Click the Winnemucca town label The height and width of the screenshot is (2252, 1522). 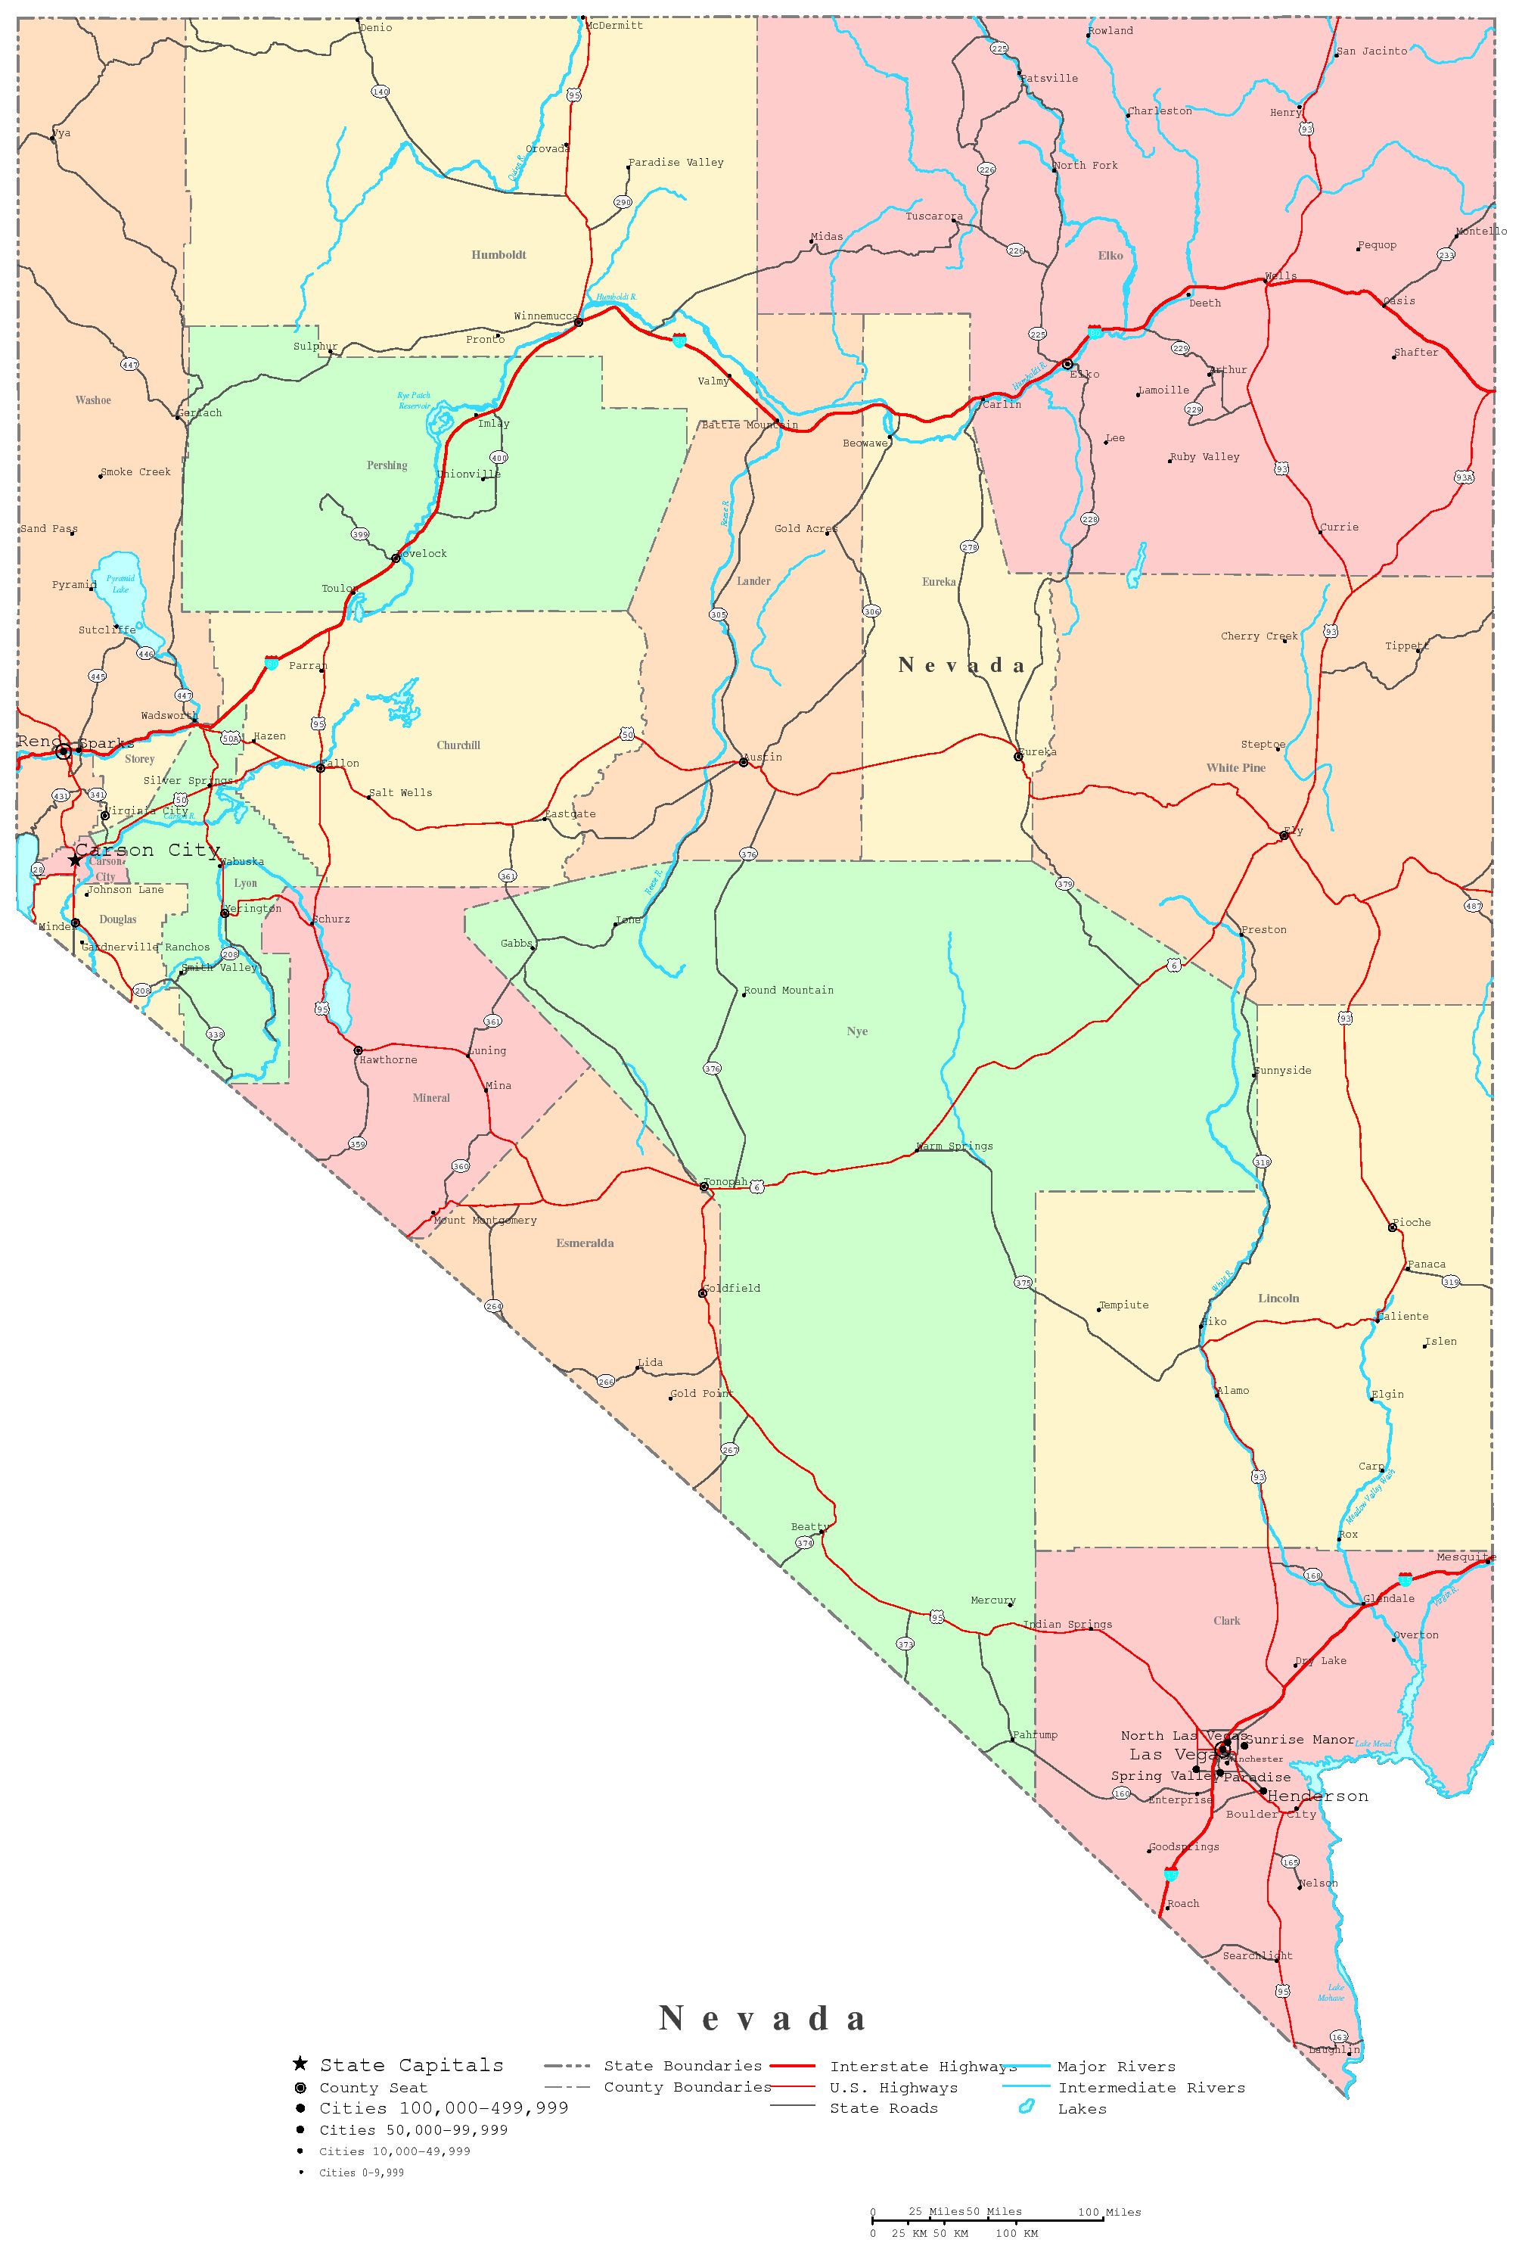click(545, 316)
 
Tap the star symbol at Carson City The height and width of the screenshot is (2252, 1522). click(76, 860)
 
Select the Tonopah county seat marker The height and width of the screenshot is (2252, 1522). click(704, 1186)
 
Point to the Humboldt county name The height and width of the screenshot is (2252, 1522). click(499, 255)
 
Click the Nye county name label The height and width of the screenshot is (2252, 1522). click(857, 1031)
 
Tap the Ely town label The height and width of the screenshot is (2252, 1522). click(1294, 830)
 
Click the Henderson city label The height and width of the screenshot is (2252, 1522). click(1318, 1796)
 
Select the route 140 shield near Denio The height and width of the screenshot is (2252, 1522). click(380, 92)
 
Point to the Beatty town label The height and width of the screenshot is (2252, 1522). click(810, 1527)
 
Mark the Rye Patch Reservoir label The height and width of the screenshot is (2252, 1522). click(414, 400)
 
